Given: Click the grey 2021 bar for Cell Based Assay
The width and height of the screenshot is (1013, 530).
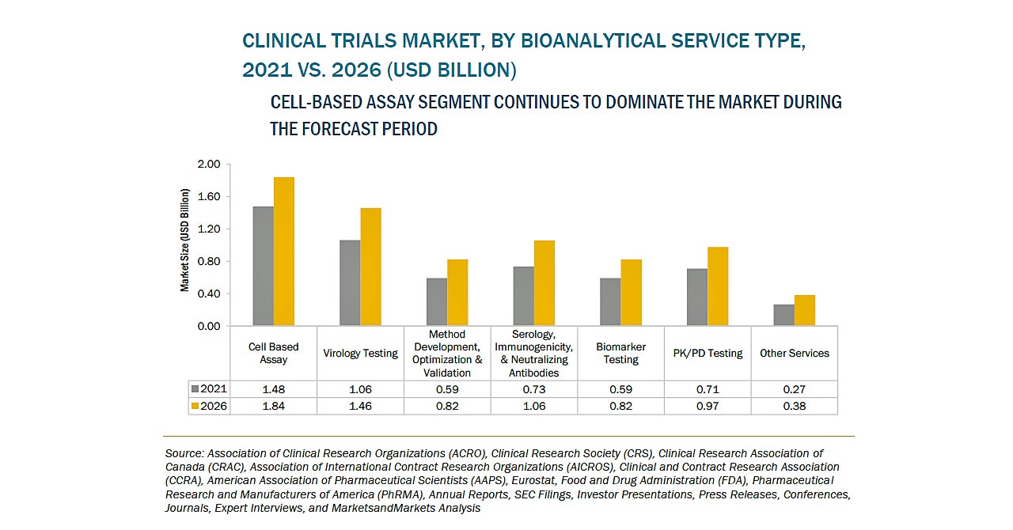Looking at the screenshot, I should click(x=263, y=267).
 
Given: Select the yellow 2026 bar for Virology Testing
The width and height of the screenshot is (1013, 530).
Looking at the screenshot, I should click(x=370, y=267).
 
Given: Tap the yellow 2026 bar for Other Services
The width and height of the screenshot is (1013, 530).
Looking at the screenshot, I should click(x=804, y=311).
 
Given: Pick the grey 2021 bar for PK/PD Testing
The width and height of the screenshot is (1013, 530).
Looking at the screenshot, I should click(x=696, y=297).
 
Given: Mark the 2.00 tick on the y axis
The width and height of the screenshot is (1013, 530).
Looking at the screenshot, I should click(x=209, y=165).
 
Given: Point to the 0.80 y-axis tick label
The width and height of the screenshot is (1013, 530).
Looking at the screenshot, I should click(x=209, y=262).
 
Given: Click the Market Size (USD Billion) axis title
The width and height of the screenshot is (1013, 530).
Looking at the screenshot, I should click(x=184, y=240).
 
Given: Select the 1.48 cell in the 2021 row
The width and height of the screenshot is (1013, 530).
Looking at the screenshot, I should click(x=273, y=389).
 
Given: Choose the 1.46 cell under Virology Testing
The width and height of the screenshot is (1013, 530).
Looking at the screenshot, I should click(x=360, y=406).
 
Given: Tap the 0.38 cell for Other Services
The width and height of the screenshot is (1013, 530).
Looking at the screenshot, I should click(x=794, y=406).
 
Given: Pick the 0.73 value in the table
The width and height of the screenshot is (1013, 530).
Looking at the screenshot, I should click(x=533, y=389).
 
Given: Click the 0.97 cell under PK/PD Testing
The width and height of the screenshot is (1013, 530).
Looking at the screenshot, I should click(x=708, y=406).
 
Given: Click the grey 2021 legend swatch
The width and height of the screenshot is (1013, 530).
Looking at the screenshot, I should click(x=195, y=389).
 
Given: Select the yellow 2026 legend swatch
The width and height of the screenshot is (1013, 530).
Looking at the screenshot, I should click(x=195, y=406).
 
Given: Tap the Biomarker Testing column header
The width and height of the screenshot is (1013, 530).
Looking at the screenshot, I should click(x=621, y=353).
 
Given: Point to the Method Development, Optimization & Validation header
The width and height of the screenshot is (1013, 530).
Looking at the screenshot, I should click(x=447, y=353).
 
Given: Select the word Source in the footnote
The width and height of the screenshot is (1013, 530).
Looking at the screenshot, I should click(x=183, y=454).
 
